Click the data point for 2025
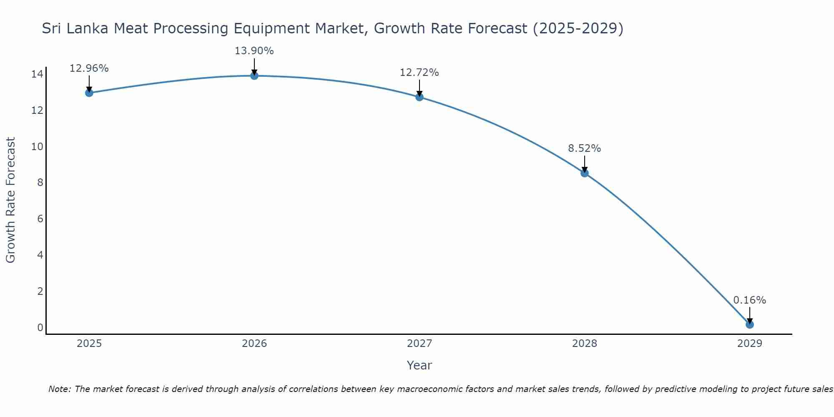click(89, 93)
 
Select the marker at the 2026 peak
click(254, 75)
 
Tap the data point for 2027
click(420, 97)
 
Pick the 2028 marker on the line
click(585, 173)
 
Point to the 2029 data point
click(750, 324)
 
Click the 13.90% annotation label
click(254, 51)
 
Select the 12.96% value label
click(89, 68)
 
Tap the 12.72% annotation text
click(419, 73)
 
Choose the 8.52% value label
click(584, 148)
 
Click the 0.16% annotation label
click(749, 300)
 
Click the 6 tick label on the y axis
click(40, 219)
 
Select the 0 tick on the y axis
click(40, 327)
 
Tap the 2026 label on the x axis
click(254, 344)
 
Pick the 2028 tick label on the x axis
click(585, 344)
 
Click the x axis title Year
click(419, 365)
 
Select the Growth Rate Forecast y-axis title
click(10, 200)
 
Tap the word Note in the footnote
click(60, 389)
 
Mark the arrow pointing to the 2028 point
click(585, 164)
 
